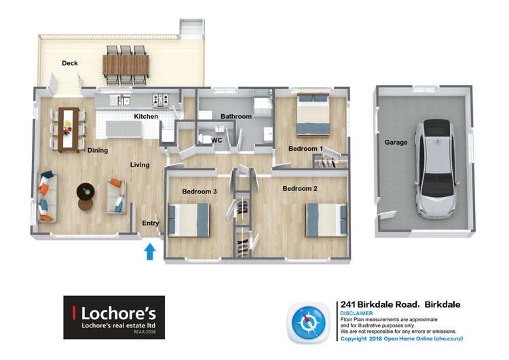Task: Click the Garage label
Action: pos(396,143)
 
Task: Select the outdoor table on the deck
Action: pos(126,65)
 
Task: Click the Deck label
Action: pos(70,64)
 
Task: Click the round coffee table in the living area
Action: pos(86,193)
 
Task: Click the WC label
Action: pos(217,141)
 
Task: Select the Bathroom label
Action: pos(235,117)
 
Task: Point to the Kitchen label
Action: pos(146,117)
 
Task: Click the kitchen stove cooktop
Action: pos(161,101)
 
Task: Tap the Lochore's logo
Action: pos(114,317)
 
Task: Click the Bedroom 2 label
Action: pos(300,188)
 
